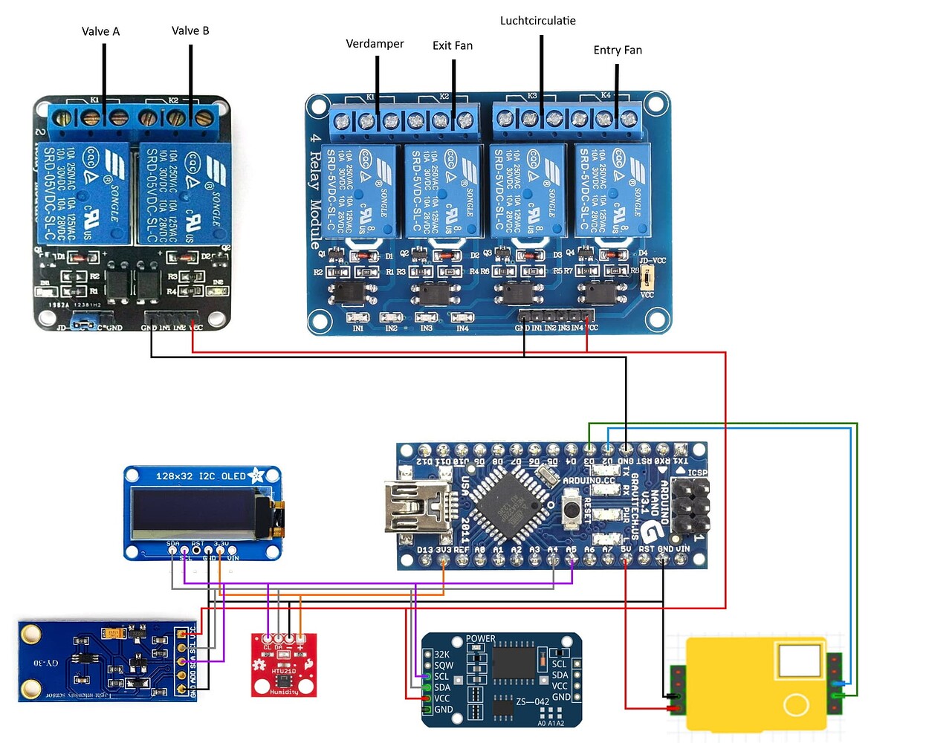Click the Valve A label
(x=100, y=31)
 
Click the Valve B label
(x=190, y=30)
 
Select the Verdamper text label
(x=375, y=44)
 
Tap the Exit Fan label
(x=453, y=45)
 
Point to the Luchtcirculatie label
(x=537, y=21)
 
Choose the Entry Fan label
(x=618, y=50)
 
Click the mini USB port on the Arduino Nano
(x=416, y=506)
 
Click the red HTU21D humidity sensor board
(x=284, y=664)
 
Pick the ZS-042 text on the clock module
(x=532, y=701)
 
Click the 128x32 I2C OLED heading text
(x=201, y=476)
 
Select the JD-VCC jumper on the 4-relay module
(x=647, y=279)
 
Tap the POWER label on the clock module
(x=480, y=639)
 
